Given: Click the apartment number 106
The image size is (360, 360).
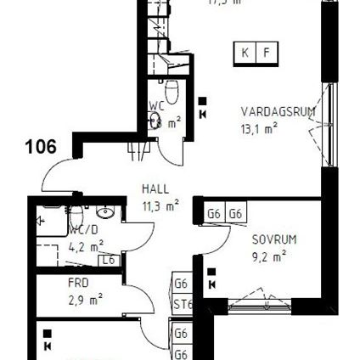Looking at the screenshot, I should [x=41, y=146].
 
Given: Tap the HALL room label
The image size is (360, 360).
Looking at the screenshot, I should [x=155, y=189].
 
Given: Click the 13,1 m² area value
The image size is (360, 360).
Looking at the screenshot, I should [x=259, y=129].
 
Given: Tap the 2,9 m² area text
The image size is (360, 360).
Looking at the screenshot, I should [x=85, y=299].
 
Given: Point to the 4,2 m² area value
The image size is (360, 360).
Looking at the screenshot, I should [x=86, y=247].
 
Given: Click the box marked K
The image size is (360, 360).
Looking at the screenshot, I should [x=245, y=53].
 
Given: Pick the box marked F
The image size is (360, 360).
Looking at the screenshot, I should [x=267, y=53].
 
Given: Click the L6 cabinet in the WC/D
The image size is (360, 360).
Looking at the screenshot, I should [x=108, y=261].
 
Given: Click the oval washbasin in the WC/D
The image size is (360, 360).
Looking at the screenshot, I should [x=106, y=212].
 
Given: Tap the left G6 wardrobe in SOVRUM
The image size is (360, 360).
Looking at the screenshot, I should [x=213, y=214].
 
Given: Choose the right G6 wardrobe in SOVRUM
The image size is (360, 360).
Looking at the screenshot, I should [x=235, y=214].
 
